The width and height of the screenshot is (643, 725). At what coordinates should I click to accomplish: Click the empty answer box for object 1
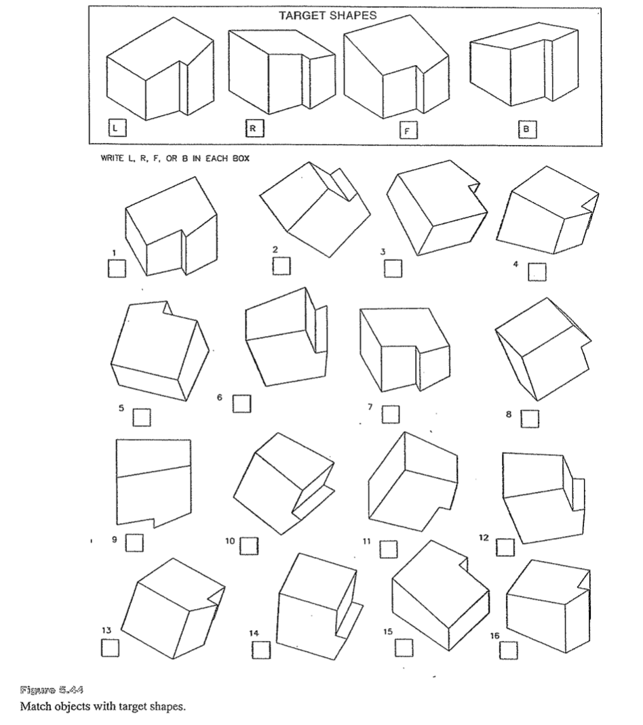(117, 269)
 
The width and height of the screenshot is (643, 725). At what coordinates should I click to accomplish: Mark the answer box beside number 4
(537, 270)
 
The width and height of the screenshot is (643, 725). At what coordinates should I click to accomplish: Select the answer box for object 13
(110, 648)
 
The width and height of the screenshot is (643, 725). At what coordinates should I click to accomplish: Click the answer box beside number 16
(509, 649)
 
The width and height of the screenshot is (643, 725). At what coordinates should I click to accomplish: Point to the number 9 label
(114, 541)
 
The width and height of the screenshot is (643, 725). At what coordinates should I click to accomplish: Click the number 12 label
(484, 537)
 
